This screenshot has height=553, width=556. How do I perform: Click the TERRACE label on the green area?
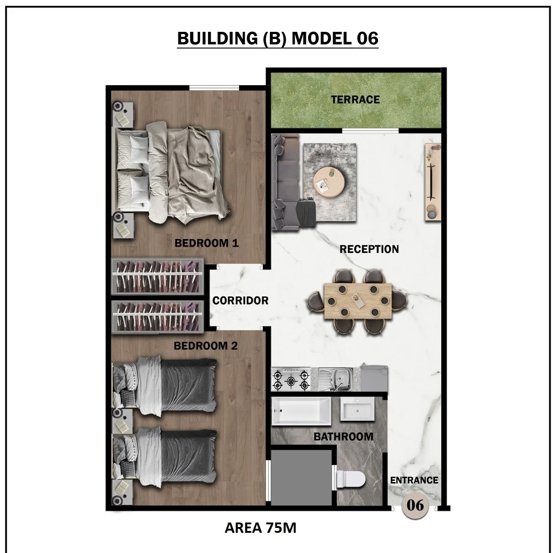[x=355, y=100]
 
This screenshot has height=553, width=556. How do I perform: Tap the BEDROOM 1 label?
[x=207, y=243]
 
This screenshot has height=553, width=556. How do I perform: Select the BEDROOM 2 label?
[x=206, y=345]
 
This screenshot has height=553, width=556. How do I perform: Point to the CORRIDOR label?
[x=240, y=300]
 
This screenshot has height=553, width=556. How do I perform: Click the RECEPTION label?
[x=369, y=249]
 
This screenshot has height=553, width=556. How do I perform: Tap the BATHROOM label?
[x=343, y=437]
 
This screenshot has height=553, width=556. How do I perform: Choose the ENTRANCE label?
[x=414, y=480]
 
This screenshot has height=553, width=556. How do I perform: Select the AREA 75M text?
[x=260, y=528]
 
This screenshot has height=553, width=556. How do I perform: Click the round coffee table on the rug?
[x=329, y=182]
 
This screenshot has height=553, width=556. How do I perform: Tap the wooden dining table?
[x=358, y=301]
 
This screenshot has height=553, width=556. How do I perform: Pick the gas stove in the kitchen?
[x=291, y=379]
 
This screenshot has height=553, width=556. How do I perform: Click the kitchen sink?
[x=335, y=379]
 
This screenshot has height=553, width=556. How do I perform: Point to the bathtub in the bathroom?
[x=301, y=411]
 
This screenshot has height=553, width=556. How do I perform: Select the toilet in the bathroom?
[x=351, y=480]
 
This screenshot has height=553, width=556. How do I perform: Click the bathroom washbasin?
[x=357, y=409]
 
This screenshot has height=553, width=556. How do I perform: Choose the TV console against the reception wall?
[x=433, y=183]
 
